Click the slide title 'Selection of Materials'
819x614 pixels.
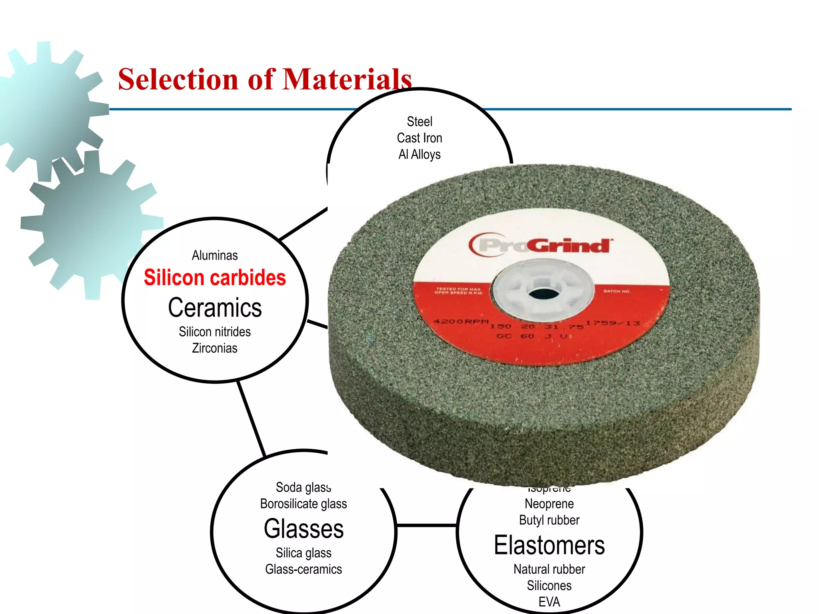(x=265, y=79)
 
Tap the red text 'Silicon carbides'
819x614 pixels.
(x=215, y=277)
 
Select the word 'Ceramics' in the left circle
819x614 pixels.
(x=215, y=307)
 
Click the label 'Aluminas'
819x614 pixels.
(x=215, y=255)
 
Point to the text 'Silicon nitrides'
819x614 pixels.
(x=215, y=332)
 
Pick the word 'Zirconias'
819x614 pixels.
(x=215, y=348)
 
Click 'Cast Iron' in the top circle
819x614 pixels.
(x=419, y=138)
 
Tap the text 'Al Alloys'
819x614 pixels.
(x=419, y=154)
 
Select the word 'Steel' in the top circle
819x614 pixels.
(x=419, y=122)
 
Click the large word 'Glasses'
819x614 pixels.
(x=304, y=528)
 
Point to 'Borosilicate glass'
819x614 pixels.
(x=304, y=504)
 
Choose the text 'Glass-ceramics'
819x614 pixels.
(x=304, y=569)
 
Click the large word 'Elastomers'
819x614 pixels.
(x=549, y=545)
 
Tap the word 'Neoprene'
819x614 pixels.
(x=549, y=504)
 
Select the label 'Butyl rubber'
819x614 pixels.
(x=549, y=520)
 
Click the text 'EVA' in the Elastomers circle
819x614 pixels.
(x=549, y=602)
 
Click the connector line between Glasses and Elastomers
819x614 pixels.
(x=426, y=525)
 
